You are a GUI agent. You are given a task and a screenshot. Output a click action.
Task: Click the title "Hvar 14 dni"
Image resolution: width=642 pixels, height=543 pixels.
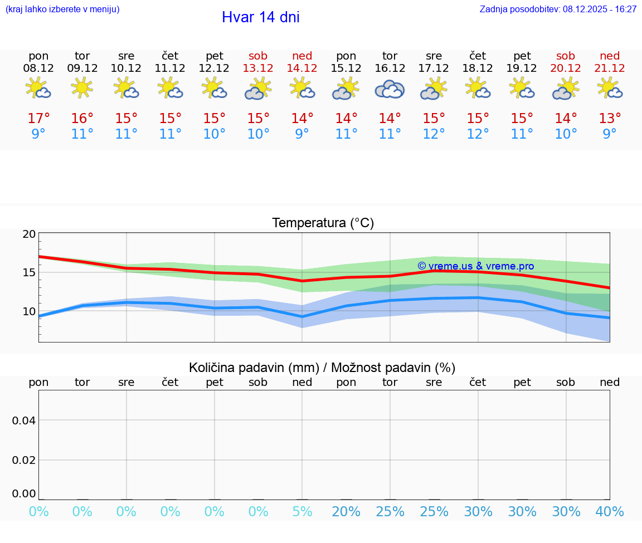(260, 17)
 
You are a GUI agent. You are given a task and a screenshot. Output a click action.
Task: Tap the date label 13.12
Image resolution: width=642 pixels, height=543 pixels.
(258, 68)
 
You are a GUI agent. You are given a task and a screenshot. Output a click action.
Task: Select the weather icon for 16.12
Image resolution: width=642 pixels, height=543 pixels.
(390, 89)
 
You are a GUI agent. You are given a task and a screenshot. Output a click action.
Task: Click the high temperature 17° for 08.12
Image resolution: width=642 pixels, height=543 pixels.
(38, 119)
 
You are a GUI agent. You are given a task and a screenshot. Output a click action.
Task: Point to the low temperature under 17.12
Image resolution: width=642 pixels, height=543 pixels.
(434, 134)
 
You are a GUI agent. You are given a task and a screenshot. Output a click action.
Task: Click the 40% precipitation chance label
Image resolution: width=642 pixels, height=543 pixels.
(610, 512)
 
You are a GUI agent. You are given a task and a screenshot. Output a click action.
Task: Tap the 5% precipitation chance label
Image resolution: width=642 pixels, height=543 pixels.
(302, 512)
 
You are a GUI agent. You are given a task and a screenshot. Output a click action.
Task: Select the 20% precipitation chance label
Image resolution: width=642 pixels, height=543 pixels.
(346, 512)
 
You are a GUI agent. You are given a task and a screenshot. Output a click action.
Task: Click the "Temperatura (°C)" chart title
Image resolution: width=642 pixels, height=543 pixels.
(323, 223)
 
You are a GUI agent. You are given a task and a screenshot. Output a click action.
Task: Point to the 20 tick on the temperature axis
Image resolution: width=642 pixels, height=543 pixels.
(29, 234)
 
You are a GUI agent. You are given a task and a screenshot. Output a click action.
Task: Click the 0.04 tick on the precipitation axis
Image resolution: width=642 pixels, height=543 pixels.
(24, 420)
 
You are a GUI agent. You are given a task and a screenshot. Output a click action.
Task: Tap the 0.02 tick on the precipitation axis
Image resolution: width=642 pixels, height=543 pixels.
(24, 460)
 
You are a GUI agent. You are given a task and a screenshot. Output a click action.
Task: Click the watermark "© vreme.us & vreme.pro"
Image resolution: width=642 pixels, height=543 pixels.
(475, 266)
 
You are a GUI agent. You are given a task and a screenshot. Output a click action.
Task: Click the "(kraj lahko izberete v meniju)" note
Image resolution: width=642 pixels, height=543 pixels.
(62, 9)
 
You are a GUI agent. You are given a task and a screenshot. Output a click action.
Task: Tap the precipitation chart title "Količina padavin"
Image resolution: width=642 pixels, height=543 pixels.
(322, 368)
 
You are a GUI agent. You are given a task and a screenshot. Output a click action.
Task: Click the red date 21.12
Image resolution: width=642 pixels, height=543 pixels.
(610, 68)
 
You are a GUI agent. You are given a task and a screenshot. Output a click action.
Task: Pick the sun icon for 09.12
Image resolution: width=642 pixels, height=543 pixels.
(82, 87)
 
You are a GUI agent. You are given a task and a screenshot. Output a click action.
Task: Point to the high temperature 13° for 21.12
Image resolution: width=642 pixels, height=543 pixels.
(610, 119)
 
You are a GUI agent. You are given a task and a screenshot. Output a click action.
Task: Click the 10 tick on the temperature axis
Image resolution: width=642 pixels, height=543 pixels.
(29, 311)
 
